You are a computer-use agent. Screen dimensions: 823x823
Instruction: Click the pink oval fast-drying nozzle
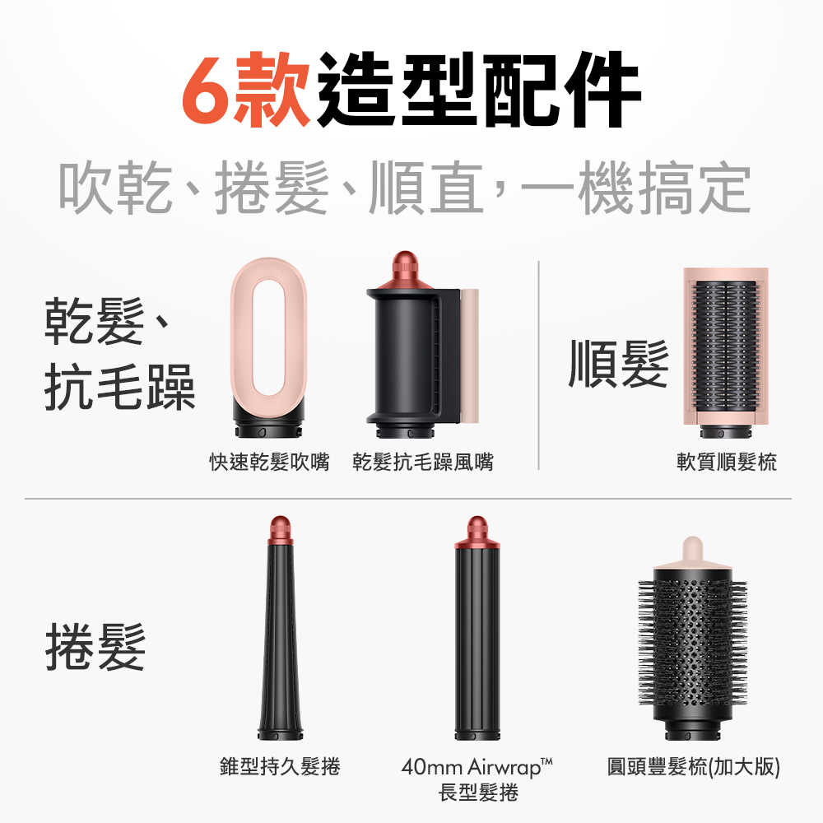(268, 346)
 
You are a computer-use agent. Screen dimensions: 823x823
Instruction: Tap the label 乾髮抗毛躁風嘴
(423, 463)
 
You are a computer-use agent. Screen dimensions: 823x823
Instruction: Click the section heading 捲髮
(95, 646)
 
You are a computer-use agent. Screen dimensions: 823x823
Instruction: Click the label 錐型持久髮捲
(280, 767)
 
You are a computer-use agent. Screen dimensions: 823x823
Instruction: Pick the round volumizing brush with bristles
(692, 642)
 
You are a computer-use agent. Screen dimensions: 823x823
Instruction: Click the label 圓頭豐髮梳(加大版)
(693, 767)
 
